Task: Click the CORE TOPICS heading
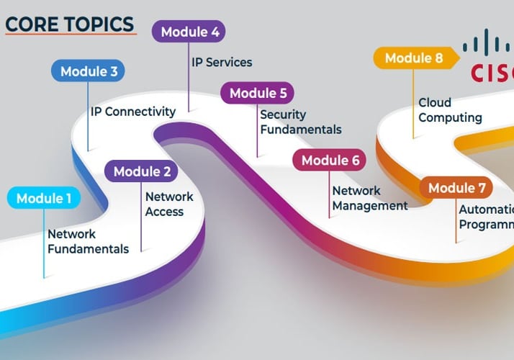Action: (69, 24)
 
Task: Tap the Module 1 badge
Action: (44, 199)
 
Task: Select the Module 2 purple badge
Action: (142, 171)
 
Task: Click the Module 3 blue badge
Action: (89, 71)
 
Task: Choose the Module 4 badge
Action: (189, 32)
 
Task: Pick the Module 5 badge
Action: (258, 93)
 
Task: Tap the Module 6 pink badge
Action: (330, 161)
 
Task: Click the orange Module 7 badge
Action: (457, 188)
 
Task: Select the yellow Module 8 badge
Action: (413, 58)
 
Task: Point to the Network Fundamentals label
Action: (88, 241)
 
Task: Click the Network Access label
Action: (169, 204)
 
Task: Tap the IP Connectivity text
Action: (133, 112)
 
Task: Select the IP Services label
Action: (222, 62)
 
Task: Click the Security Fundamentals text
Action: (300, 122)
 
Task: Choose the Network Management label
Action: (369, 198)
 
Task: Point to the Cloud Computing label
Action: (450, 110)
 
